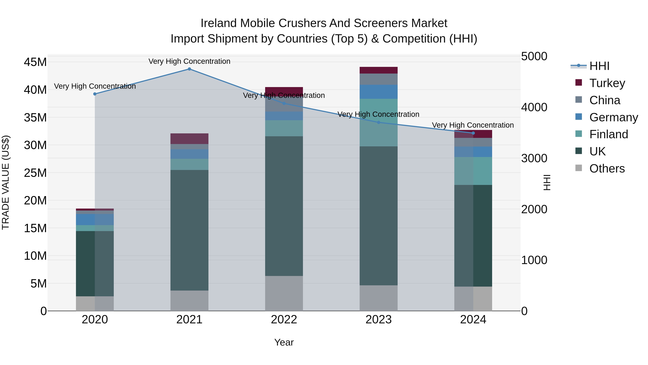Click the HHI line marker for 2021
[189, 69]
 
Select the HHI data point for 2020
[95, 94]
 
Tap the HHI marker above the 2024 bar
[473, 133]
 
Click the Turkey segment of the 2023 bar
[379, 70]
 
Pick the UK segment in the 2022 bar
[284, 206]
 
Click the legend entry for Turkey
[607, 83]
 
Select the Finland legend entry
[609, 134]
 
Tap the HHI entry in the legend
[599, 66]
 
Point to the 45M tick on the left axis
[35, 62]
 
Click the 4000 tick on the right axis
[534, 107]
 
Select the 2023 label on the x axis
[379, 320]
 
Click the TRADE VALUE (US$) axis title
[6, 182]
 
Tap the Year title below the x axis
[284, 342]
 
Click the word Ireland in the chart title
[219, 23]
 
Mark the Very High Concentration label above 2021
[189, 61]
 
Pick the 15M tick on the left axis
[35, 228]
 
